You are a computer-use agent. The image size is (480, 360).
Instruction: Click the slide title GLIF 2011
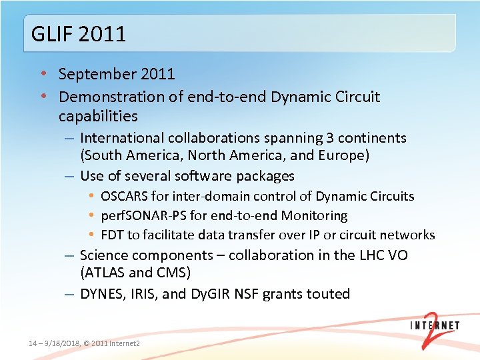click(x=79, y=33)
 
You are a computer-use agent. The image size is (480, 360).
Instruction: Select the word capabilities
click(x=98, y=116)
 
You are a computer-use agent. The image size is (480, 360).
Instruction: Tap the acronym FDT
click(x=111, y=235)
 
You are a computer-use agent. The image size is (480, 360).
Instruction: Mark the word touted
click(x=326, y=294)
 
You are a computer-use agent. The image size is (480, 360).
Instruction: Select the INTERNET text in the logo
click(x=434, y=325)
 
